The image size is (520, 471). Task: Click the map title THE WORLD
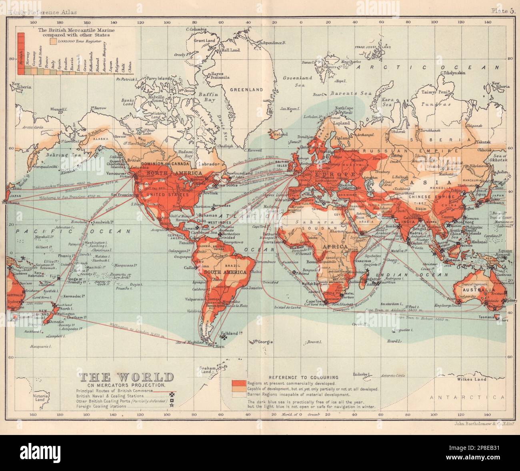click(127, 377)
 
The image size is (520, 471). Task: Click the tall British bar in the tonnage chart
click(22, 52)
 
